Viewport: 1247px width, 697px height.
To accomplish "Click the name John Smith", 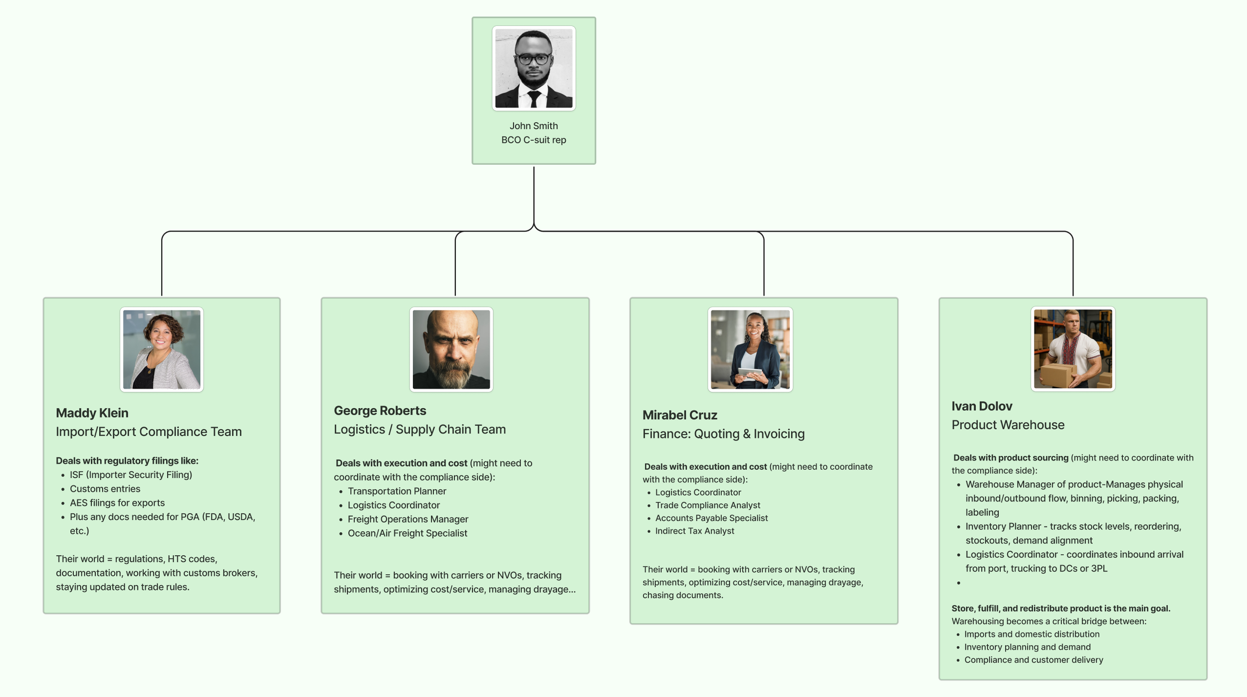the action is click(x=533, y=126).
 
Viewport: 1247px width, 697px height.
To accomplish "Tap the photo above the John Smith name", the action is click(x=533, y=68).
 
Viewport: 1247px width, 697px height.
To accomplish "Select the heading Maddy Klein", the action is click(x=92, y=413).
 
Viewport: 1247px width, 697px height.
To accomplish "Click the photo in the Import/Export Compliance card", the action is click(x=162, y=349).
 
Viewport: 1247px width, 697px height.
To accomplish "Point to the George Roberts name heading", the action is click(x=380, y=411).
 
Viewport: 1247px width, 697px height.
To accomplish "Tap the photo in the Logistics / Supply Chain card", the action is click(x=451, y=349).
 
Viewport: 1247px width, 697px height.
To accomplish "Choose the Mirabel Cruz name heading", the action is click(x=679, y=415).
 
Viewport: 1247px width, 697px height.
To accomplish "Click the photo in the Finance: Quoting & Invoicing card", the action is click(x=750, y=349).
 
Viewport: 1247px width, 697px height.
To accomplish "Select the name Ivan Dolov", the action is click(x=981, y=406).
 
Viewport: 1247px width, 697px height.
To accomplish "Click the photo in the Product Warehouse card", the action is click(x=1072, y=349).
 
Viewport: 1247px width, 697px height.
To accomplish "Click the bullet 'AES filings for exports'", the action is click(x=117, y=503).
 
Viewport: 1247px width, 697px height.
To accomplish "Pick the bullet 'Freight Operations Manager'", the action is click(x=408, y=519).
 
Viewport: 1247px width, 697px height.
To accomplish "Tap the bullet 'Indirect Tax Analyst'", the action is click(x=694, y=531).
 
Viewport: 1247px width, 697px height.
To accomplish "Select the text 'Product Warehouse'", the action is click(x=1008, y=425).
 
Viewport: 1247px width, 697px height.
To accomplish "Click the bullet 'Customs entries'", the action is click(x=105, y=489).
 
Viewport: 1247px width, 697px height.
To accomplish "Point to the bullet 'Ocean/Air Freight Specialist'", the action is click(x=407, y=533).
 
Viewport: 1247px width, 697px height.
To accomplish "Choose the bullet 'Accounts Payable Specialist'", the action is click(x=711, y=518).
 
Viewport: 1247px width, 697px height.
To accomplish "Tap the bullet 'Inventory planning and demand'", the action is click(x=1027, y=647).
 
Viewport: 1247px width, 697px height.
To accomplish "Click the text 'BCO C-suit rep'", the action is click(x=533, y=140).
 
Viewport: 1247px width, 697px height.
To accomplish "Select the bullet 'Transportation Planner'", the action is click(x=397, y=491).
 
